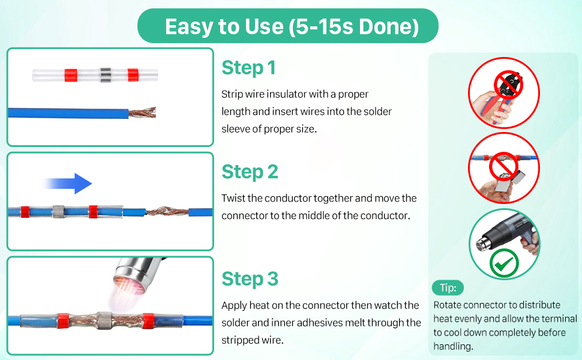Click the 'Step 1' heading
click(248, 68)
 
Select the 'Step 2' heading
click(250, 172)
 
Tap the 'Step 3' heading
click(250, 279)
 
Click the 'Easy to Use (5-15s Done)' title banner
click(287, 26)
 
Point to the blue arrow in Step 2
click(67, 184)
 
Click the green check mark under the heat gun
click(504, 263)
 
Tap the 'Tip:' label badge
click(448, 287)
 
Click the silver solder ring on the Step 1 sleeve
click(106, 76)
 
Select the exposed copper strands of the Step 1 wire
click(143, 112)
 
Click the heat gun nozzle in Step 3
click(134, 276)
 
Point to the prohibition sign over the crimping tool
click(509, 85)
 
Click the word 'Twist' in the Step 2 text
click(233, 198)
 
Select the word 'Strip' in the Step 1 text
click(232, 95)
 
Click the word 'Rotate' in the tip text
click(447, 305)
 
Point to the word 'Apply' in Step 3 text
click(234, 306)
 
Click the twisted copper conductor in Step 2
click(167, 211)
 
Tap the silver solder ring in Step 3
click(104, 320)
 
